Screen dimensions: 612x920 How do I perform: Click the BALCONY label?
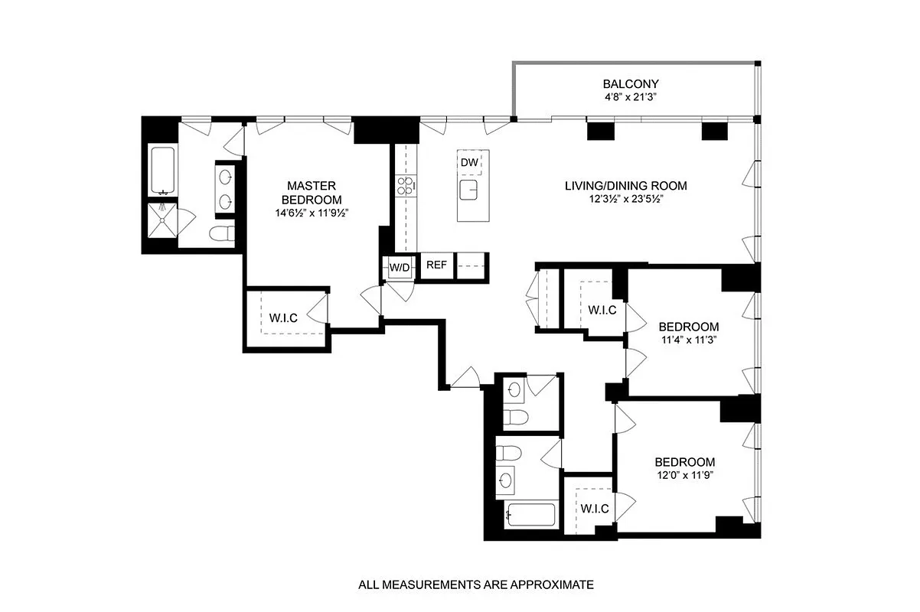click(x=630, y=84)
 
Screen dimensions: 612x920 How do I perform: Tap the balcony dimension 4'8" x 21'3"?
click(x=630, y=97)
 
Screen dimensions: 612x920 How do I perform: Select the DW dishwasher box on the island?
click(x=469, y=162)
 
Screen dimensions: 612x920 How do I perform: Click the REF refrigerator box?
click(x=436, y=265)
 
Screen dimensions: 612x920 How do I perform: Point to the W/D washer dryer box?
click(x=399, y=268)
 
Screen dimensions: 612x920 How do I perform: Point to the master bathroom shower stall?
click(x=162, y=223)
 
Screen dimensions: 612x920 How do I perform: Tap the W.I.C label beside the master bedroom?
click(x=283, y=317)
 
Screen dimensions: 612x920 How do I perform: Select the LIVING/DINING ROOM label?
click(x=625, y=186)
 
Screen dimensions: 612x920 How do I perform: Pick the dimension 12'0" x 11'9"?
click(x=684, y=475)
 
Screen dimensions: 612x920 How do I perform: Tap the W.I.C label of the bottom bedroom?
click(x=594, y=509)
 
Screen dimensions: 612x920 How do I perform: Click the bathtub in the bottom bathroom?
click(x=531, y=514)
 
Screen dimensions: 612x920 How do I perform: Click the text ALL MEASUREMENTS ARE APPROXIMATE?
click(x=476, y=585)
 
